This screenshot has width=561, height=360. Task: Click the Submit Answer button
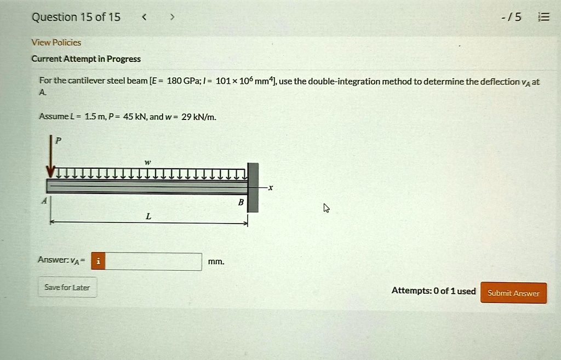(x=513, y=293)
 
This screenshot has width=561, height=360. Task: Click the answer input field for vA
(x=153, y=262)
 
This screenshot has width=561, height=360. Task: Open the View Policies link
(x=56, y=42)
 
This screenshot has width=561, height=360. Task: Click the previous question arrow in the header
(x=144, y=17)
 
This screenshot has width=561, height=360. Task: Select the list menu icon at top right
(x=543, y=17)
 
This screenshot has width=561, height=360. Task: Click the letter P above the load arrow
(x=59, y=141)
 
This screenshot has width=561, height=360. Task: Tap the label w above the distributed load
(x=146, y=162)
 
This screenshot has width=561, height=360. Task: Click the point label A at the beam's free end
(x=44, y=201)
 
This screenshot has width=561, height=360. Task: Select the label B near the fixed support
(x=240, y=202)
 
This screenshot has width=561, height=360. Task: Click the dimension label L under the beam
(x=148, y=216)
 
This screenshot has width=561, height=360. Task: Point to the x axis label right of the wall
(x=270, y=187)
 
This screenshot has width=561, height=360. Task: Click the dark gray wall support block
(x=253, y=187)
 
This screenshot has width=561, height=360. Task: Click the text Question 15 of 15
(x=76, y=17)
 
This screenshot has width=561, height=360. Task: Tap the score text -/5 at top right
(x=513, y=17)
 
